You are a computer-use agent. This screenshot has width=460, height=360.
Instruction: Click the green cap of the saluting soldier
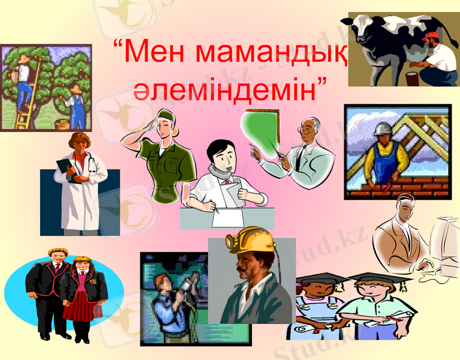tap(166, 115)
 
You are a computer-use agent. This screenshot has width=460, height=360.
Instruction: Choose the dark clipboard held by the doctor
tap(65, 168)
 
